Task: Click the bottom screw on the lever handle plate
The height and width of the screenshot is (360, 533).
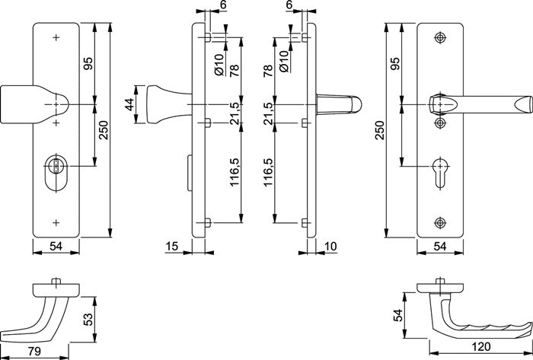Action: (x=439, y=221)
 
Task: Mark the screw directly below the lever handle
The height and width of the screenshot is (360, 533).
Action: (x=439, y=122)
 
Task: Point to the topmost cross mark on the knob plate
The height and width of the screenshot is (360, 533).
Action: (x=56, y=37)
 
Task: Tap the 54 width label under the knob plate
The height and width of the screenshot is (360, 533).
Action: (x=55, y=247)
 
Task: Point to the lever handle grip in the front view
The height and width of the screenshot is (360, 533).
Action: (x=487, y=103)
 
